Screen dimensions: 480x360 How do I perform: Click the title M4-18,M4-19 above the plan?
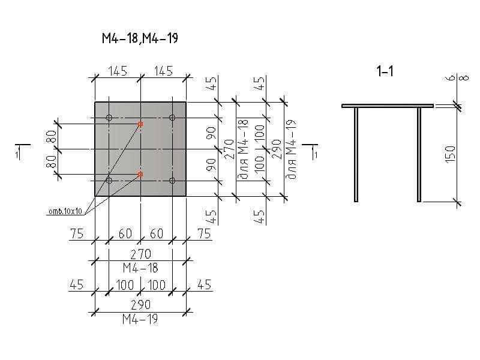click(140, 38)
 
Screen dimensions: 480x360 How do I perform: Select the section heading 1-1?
click(385, 71)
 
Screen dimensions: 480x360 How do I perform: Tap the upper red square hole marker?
click(140, 124)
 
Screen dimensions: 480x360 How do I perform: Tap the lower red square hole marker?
click(140, 174)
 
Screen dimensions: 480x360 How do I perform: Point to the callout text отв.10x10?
click(65, 211)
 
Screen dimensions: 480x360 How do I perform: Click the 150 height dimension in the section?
click(451, 154)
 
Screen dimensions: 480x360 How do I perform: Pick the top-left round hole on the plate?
click(109, 118)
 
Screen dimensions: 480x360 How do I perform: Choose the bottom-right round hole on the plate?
click(172, 181)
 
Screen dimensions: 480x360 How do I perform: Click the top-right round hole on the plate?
click(172, 118)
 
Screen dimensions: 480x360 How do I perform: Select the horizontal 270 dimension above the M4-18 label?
click(141, 254)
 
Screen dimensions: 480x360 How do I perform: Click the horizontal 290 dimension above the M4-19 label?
click(141, 305)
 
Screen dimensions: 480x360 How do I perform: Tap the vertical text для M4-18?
click(244, 149)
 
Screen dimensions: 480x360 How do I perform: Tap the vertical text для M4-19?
click(291, 149)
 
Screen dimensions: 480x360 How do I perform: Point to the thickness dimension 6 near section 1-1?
click(452, 78)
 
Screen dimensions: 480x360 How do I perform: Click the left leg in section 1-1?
click(356, 155)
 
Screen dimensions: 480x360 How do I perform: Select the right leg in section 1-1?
click(419, 155)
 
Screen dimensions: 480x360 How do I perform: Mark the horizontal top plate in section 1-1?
click(388, 106)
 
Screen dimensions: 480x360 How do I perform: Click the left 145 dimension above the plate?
click(118, 71)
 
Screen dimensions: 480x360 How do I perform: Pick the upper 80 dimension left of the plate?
click(52, 137)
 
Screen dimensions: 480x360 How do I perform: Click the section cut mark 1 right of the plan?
click(316, 155)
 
